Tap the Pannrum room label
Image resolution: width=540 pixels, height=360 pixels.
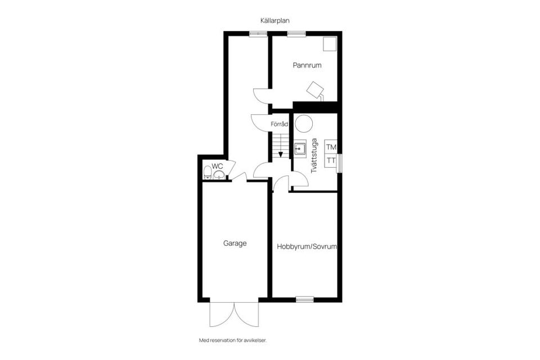coord(307,65)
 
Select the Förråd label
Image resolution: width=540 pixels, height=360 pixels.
coord(280,124)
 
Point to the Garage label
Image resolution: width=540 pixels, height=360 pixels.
coord(235,244)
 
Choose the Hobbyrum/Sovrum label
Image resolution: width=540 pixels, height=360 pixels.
coord(307,246)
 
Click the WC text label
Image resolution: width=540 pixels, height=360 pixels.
coord(217,166)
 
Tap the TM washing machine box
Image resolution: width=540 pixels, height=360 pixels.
coord(331,147)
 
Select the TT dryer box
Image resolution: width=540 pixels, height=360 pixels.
coord(331,160)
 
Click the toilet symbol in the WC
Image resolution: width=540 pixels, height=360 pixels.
coord(208,172)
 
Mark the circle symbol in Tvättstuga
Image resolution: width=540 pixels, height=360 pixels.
coord(304,123)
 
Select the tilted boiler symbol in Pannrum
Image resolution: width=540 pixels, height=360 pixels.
coord(314,89)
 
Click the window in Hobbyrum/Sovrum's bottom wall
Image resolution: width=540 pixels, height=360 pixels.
coord(304,299)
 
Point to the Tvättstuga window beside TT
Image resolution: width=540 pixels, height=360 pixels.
coord(340,160)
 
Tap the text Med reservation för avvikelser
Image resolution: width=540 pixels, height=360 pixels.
coord(232,340)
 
